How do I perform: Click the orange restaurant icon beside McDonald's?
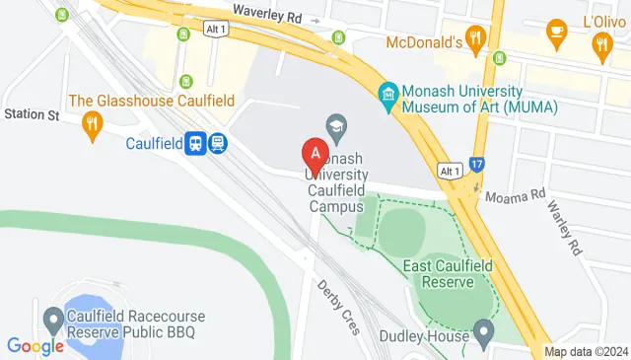tap(476, 38)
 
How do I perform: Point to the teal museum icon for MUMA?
tap(388, 94)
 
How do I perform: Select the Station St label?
tap(31, 115)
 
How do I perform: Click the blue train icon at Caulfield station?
tap(196, 144)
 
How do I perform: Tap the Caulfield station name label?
tap(155, 144)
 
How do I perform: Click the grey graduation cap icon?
tap(336, 125)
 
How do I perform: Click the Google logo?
tap(35, 346)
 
